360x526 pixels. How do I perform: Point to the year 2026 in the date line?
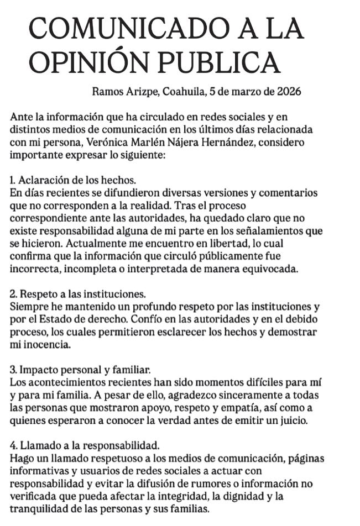click(289, 91)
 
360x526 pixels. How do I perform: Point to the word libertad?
click(199, 244)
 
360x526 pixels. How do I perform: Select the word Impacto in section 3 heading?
click(36, 370)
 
